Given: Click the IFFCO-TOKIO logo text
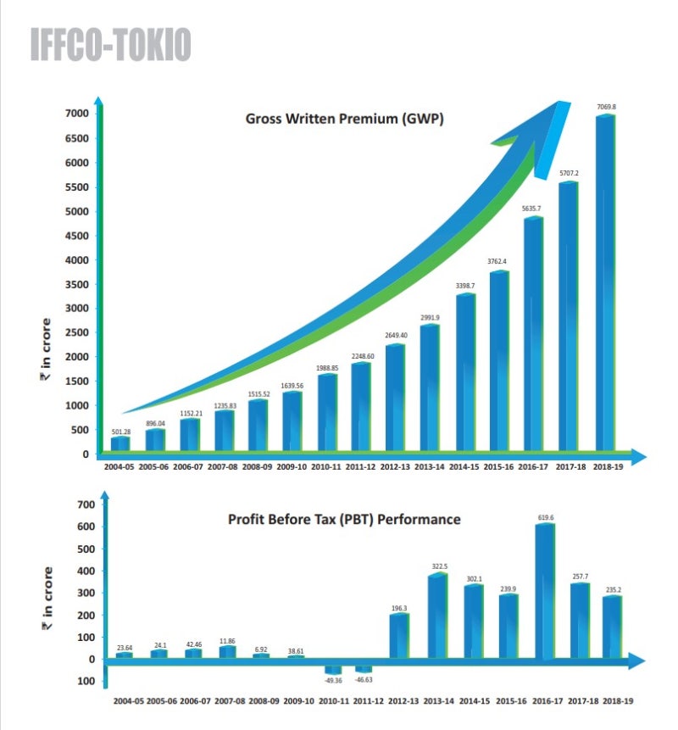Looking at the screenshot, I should (x=110, y=45).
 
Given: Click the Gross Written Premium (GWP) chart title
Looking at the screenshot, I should (x=344, y=119).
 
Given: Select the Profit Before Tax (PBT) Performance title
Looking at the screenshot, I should (x=344, y=518).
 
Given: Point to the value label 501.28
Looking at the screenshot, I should (x=121, y=432).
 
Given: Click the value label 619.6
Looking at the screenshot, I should (x=545, y=517).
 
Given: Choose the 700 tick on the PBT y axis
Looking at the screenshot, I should (x=86, y=505).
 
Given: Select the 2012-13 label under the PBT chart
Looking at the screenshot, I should (x=397, y=701).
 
